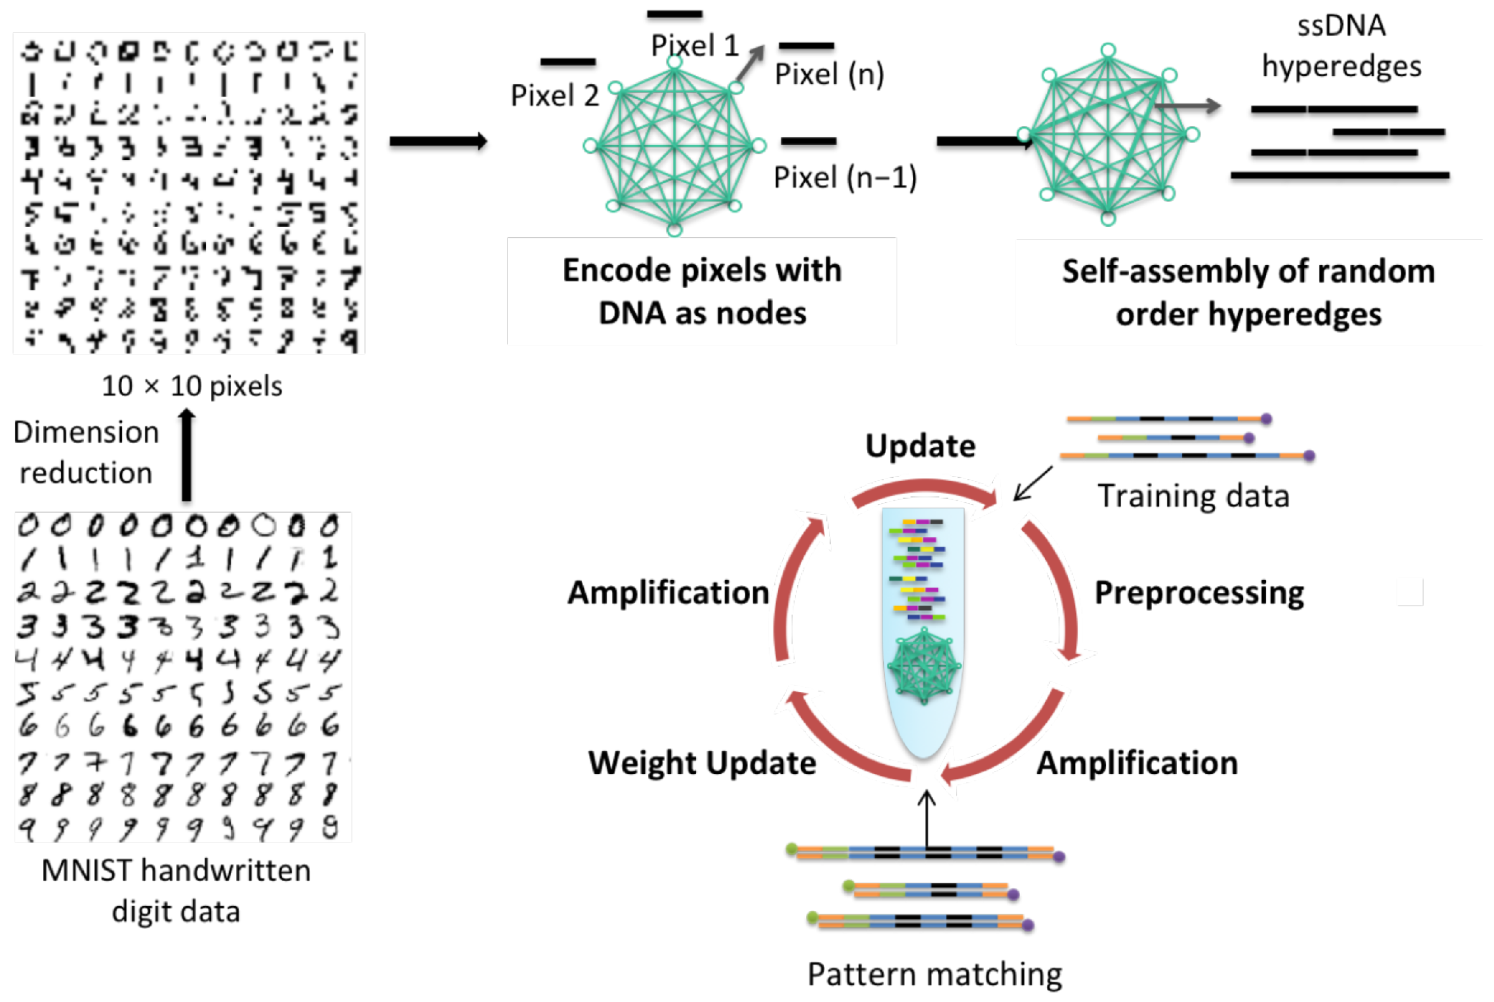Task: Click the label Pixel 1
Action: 694,45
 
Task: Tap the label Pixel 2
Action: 555,96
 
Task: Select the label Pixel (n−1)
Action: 844,177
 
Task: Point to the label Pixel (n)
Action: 829,74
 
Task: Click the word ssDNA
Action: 1341,25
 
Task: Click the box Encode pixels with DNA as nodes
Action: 701,292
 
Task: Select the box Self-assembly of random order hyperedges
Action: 1248,293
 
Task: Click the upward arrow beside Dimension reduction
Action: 186,454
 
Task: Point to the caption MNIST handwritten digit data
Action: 176,890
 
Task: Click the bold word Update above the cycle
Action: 920,445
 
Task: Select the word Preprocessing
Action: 1199,592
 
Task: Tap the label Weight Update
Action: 701,762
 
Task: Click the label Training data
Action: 1192,496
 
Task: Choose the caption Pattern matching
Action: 934,974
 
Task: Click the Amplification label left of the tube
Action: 668,592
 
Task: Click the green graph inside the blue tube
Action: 924,666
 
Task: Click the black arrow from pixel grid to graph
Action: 438,141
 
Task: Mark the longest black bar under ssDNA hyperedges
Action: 1339,175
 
